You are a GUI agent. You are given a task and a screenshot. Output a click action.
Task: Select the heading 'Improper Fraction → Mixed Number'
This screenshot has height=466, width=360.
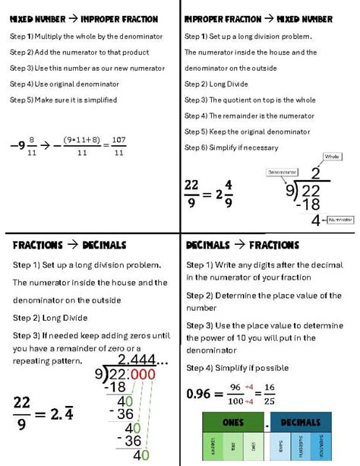click(259, 18)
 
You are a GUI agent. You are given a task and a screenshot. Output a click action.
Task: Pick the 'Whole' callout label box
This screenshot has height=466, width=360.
click(332, 157)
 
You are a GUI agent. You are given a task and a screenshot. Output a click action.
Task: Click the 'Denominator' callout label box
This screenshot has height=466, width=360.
click(281, 173)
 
